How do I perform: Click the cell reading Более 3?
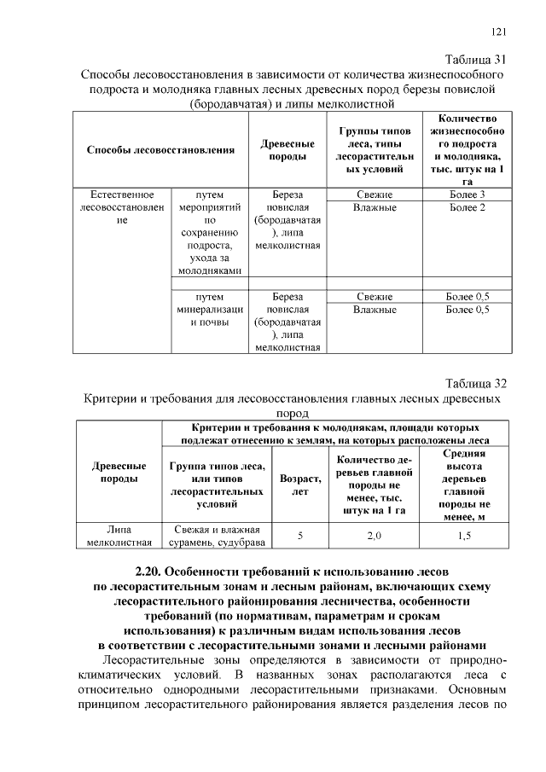[x=467, y=194]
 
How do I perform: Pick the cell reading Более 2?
[x=467, y=207]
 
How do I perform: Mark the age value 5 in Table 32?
[x=300, y=535]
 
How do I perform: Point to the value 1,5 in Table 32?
[x=465, y=535]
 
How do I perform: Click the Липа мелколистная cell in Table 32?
[x=119, y=535]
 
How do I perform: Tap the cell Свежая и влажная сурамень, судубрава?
[x=217, y=535]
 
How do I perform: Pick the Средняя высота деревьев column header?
[x=465, y=485]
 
